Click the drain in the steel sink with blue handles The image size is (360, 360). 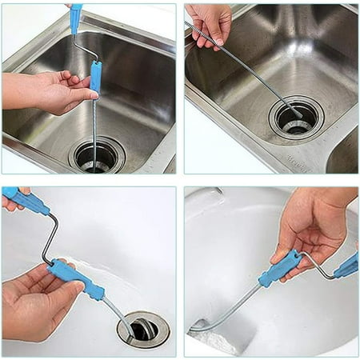pos(97,154)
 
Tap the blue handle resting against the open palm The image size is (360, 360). pos(95,77)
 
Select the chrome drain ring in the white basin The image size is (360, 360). pos(143,327)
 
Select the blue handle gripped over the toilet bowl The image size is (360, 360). pos(281,266)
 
